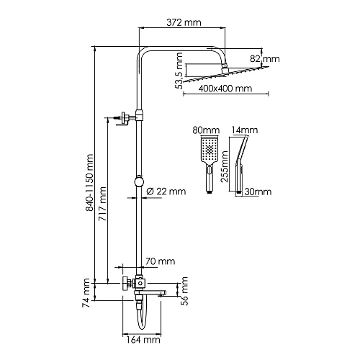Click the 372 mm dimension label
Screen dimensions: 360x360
(x=184, y=22)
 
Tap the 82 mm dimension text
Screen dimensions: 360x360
(x=265, y=58)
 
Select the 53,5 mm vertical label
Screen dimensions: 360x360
(x=179, y=71)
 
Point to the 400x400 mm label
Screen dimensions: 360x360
(x=225, y=89)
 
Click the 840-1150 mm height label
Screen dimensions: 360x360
(x=89, y=183)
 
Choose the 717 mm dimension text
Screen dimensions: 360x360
(x=103, y=204)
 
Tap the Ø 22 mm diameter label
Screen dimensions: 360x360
(x=166, y=192)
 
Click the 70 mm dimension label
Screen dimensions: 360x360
(x=160, y=261)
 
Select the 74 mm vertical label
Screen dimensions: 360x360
(x=86, y=293)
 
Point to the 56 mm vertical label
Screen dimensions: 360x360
(x=184, y=291)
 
